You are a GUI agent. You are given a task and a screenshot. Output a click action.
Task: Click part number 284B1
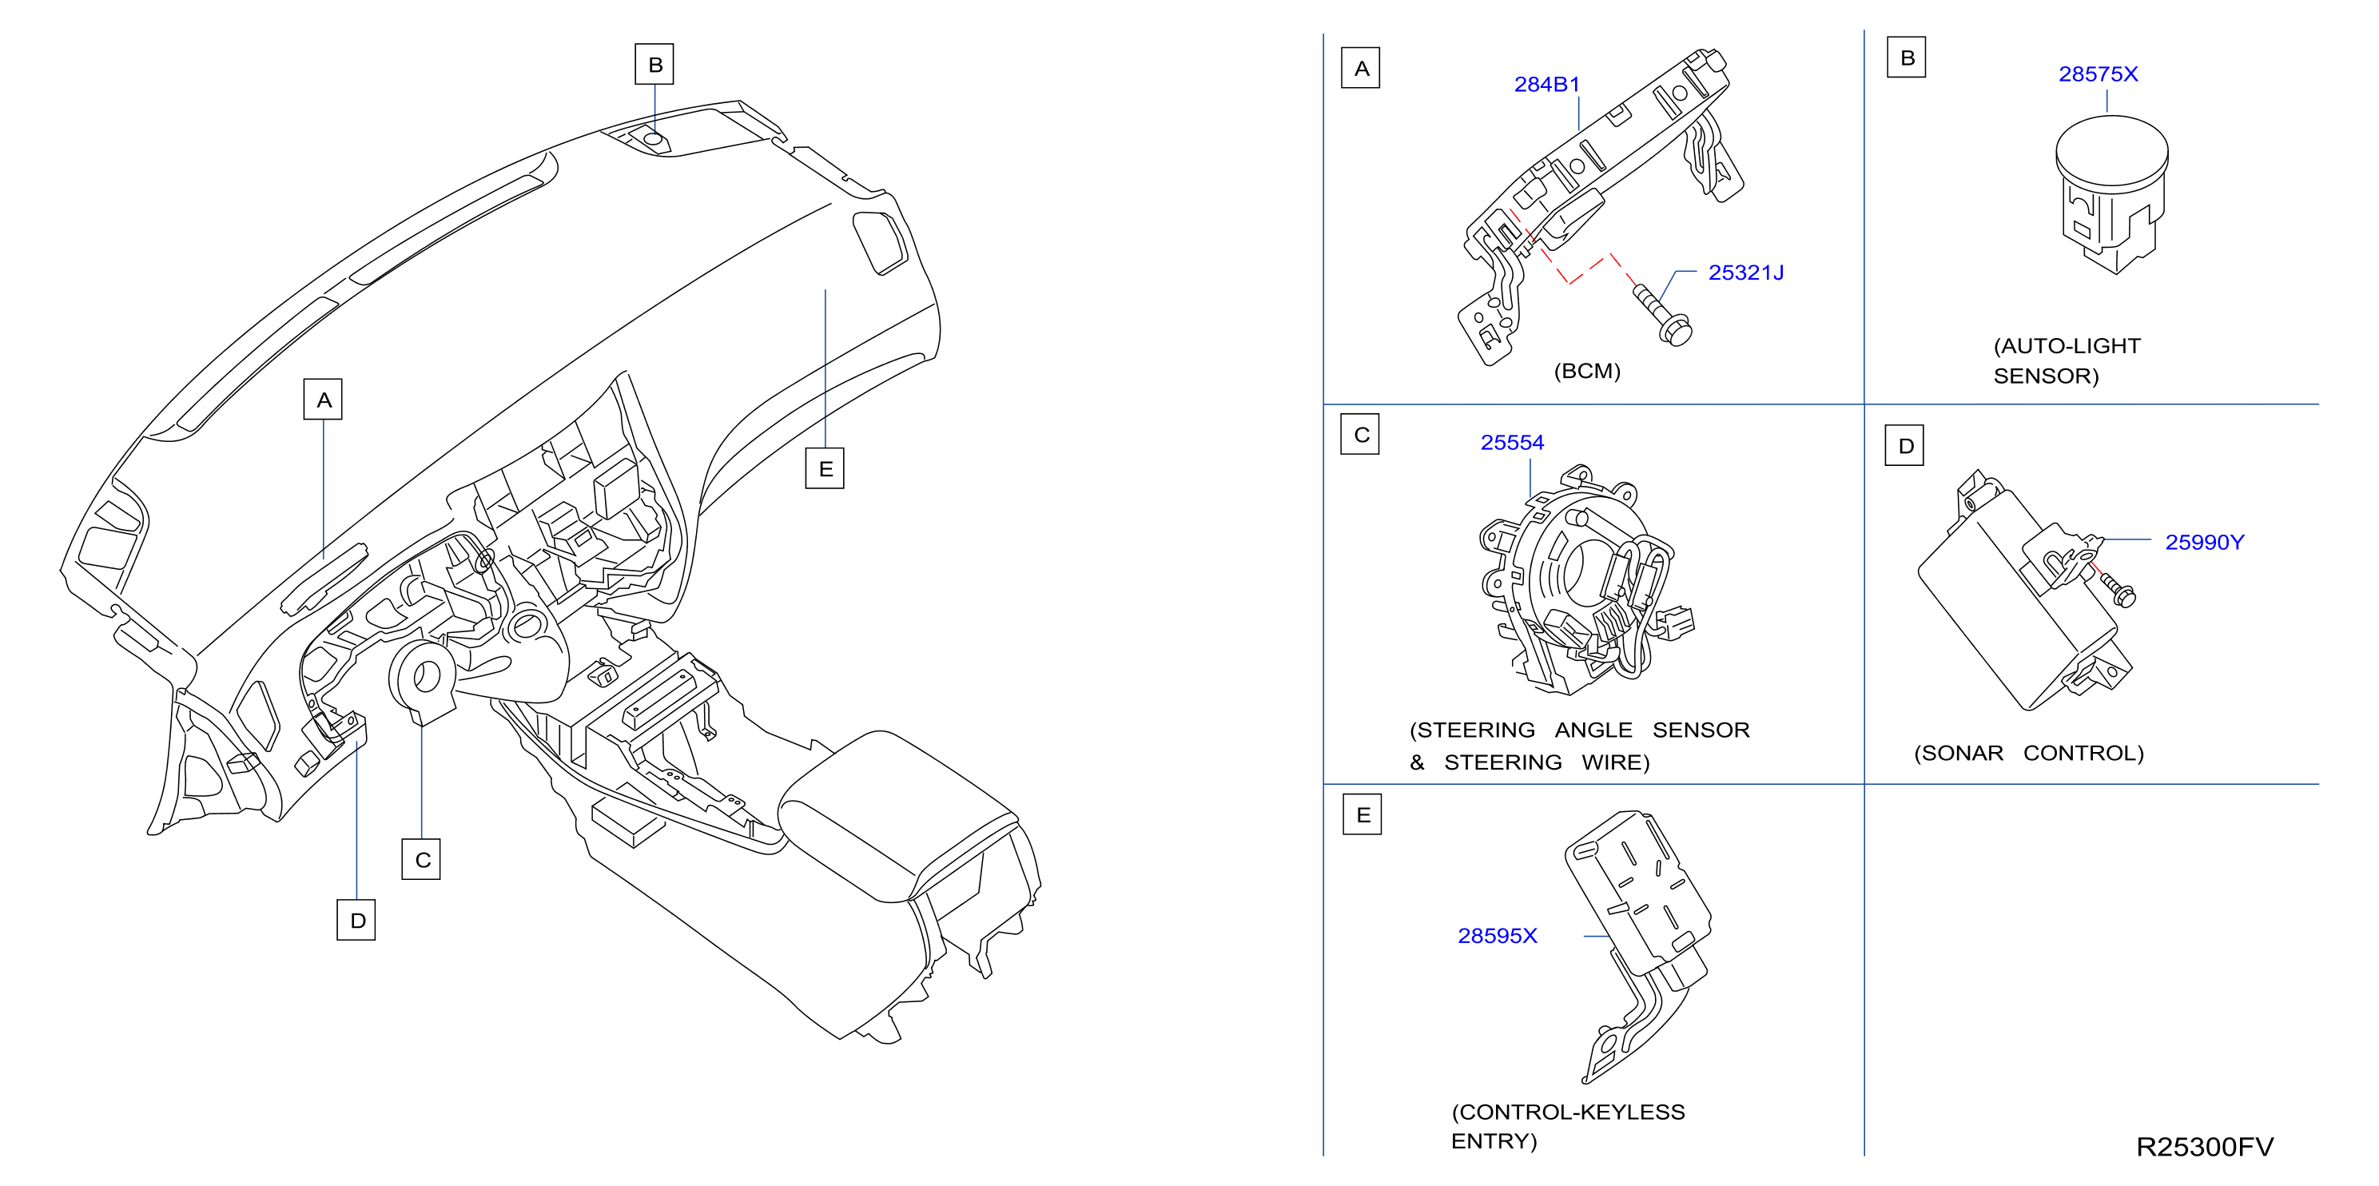pyautogui.click(x=1547, y=84)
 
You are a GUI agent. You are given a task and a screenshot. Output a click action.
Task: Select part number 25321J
pyautogui.click(x=1745, y=273)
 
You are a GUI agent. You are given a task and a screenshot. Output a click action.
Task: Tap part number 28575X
pyautogui.click(x=2099, y=74)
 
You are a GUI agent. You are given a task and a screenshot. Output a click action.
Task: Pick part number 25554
pyautogui.click(x=1512, y=443)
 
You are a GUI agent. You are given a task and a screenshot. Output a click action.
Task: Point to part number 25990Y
pyautogui.click(x=2205, y=542)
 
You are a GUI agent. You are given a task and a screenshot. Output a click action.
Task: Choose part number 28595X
pyautogui.click(x=1497, y=936)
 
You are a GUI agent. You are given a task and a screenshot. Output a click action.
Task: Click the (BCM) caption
pyautogui.click(x=1586, y=372)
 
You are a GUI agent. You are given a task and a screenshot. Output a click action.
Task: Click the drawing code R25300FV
pyautogui.click(x=2205, y=1146)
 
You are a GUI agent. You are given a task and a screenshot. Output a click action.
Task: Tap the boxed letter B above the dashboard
pyautogui.click(x=654, y=65)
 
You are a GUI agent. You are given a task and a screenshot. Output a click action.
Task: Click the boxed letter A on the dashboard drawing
pyautogui.click(x=323, y=399)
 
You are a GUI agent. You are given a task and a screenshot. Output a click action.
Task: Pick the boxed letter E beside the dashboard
pyautogui.click(x=825, y=468)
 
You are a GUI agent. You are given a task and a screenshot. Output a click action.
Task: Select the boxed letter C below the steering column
pyautogui.click(x=421, y=859)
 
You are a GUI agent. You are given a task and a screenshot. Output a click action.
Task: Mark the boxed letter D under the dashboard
pyautogui.click(x=356, y=920)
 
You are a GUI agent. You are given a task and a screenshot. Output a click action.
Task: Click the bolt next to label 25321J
pyautogui.click(x=1662, y=316)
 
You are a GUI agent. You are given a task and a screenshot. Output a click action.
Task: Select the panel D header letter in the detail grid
pyautogui.click(x=1905, y=446)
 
